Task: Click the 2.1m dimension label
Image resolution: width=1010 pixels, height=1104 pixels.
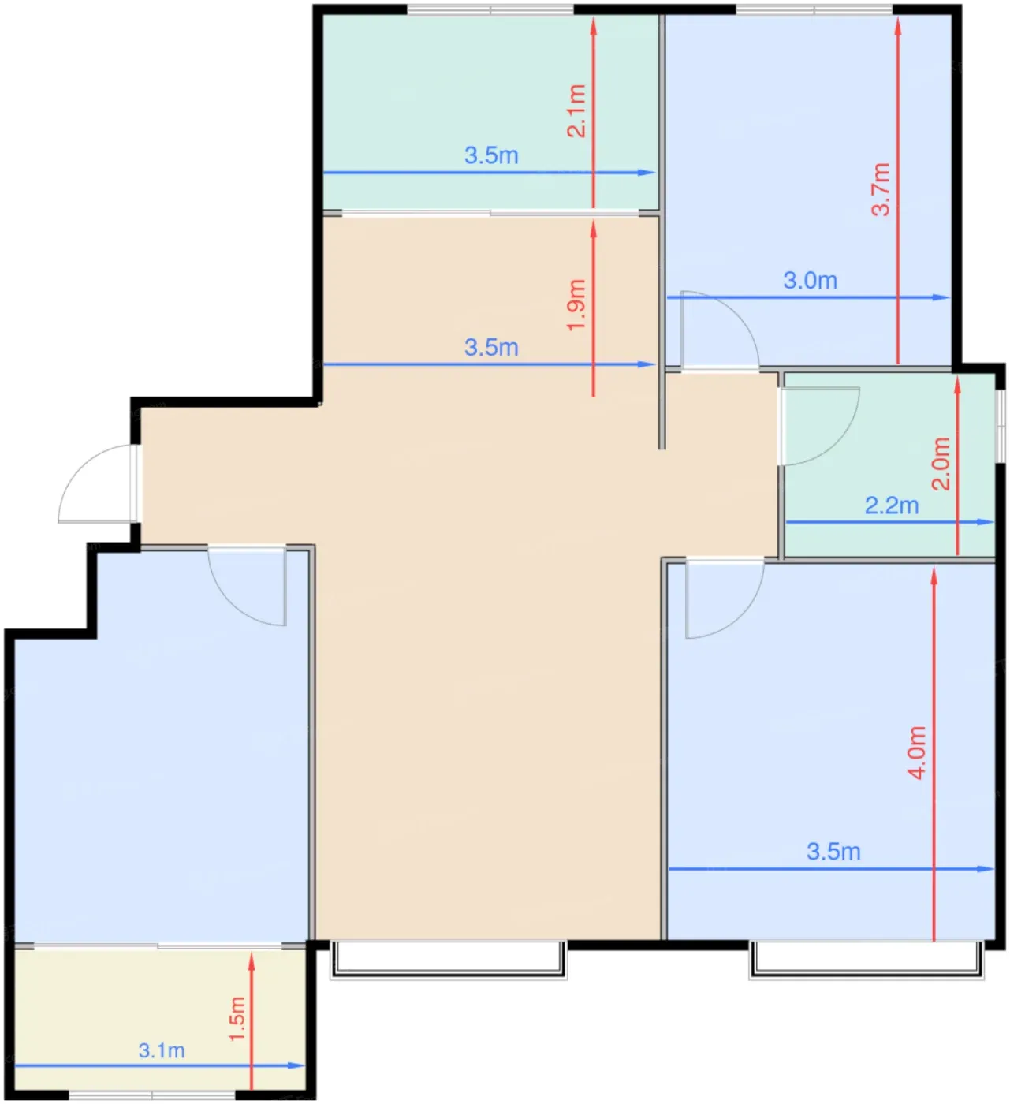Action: tap(576, 110)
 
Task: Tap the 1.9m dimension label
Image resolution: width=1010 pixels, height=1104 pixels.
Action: tap(576, 305)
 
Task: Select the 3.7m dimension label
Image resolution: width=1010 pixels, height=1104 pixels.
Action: tap(881, 189)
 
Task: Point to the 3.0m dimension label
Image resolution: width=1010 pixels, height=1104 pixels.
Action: tap(811, 282)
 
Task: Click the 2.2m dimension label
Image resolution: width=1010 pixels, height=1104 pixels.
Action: tap(892, 505)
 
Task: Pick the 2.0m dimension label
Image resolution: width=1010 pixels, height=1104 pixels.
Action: tap(941, 464)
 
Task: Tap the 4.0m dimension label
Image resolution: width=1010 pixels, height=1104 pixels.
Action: tap(917, 752)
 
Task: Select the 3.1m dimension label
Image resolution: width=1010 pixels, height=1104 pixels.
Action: tap(162, 1050)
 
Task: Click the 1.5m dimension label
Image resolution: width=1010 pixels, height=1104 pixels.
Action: tap(237, 1019)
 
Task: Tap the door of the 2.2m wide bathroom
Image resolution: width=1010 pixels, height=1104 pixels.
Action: tap(819, 426)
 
